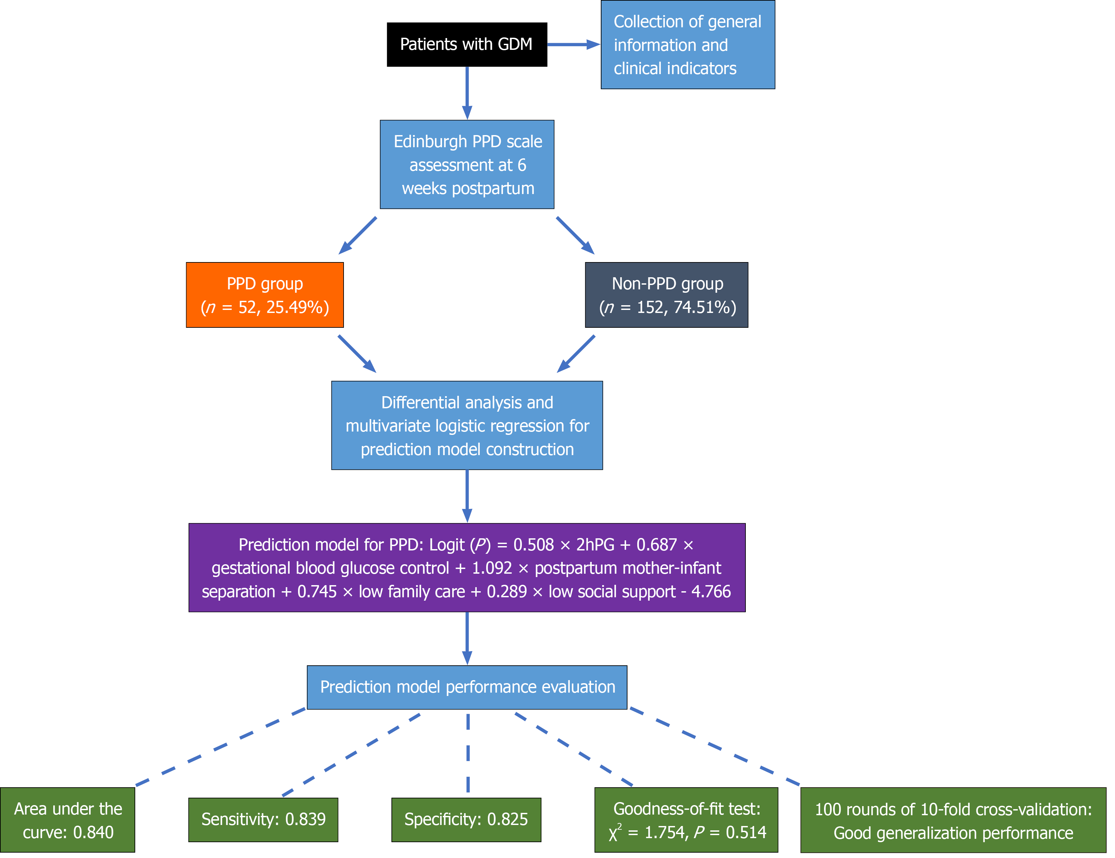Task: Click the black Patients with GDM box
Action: click(x=467, y=44)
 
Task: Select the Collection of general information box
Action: click(x=688, y=45)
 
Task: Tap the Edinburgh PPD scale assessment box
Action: click(x=467, y=164)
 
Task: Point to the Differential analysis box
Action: click(x=467, y=425)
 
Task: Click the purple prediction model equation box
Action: click(x=467, y=568)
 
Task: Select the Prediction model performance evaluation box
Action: click(x=467, y=687)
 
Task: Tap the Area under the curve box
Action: click(x=68, y=820)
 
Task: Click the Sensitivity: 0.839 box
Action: click(x=263, y=820)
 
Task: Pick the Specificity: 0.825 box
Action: click(x=466, y=820)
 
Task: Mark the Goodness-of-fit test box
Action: click(x=686, y=820)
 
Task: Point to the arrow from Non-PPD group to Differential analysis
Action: click(x=576, y=354)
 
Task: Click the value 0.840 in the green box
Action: click(x=93, y=832)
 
